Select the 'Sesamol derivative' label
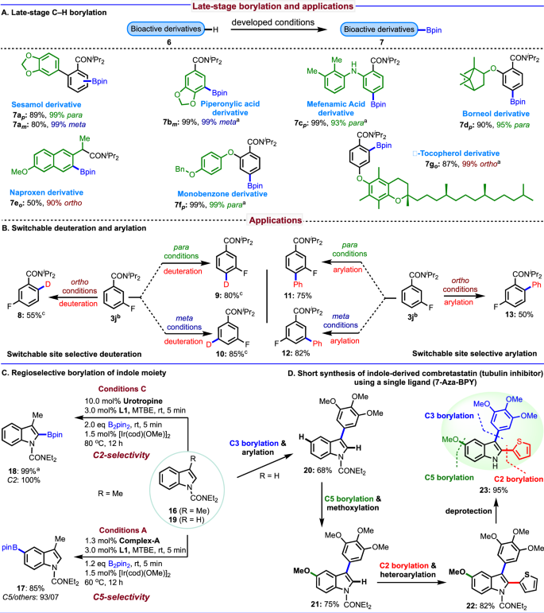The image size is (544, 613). [x=40, y=104]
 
